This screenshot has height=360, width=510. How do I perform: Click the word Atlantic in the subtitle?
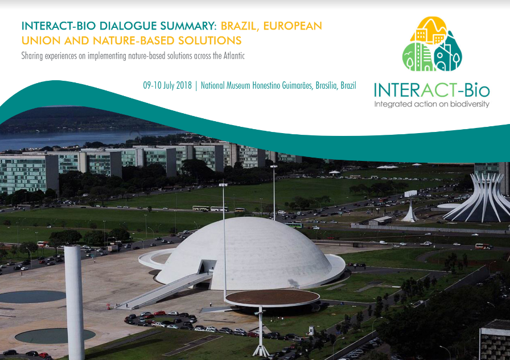(234, 56)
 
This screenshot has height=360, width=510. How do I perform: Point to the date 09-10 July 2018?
(167, 85)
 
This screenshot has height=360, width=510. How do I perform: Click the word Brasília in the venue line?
(327, 85)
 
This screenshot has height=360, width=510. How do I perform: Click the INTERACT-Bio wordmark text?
(431, 90)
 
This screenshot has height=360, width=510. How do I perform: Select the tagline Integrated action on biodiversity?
(431, 104)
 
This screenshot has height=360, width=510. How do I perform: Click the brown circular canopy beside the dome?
(272, 297)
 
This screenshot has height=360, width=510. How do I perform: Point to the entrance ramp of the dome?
(164, 291)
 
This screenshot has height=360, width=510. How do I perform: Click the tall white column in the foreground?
(75, 302)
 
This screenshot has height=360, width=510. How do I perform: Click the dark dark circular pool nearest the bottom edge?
(55, 336)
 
